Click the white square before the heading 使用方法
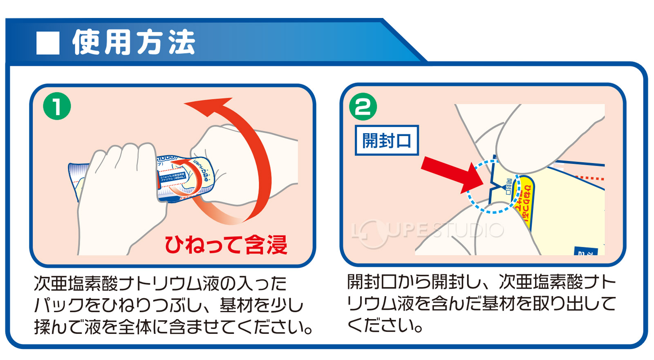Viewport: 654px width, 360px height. [48, 43]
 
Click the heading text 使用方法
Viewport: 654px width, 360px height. [134, 42]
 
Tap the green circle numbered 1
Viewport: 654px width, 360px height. [57, 106]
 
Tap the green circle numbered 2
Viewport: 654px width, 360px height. [363, 107]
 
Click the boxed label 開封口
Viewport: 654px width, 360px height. [387, 141]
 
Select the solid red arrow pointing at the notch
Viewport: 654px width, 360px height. [450, 172]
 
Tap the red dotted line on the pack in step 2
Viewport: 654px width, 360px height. [589, 178]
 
